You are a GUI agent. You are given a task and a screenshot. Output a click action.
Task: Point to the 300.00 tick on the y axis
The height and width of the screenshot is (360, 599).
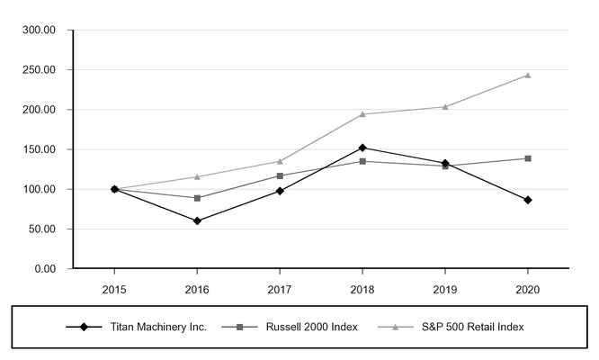coord(39,31)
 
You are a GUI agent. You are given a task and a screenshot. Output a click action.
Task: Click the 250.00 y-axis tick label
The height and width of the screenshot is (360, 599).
coord(39,70)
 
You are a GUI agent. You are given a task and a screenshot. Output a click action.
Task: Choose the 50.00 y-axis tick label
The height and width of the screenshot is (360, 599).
coord(41,229)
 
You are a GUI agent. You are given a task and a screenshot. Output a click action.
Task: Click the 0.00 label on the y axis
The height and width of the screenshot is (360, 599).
coord(45,269)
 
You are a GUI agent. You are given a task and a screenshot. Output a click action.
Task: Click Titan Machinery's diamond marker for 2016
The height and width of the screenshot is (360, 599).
coord(197,220)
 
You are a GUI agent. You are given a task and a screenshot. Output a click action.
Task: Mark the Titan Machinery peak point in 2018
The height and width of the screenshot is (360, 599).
coord(362,148)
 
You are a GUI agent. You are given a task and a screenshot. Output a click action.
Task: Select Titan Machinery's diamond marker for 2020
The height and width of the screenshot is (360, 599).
coord(527,200)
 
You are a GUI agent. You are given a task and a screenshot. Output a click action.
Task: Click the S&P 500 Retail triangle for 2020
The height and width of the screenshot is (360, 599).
coord(527,76)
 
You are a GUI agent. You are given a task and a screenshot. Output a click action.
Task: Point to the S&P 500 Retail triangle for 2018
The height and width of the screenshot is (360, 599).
coord(362,114)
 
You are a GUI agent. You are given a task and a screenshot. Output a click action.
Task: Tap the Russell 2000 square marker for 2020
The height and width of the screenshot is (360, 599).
coord(527,158)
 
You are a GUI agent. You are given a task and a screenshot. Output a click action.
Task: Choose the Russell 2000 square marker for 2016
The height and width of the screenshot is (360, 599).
coord(197,198)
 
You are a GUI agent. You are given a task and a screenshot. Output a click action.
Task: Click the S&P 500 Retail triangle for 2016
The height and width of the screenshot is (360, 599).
coord(197,176)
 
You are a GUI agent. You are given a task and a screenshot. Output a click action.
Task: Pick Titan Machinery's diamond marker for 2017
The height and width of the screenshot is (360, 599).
coord(280,191)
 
